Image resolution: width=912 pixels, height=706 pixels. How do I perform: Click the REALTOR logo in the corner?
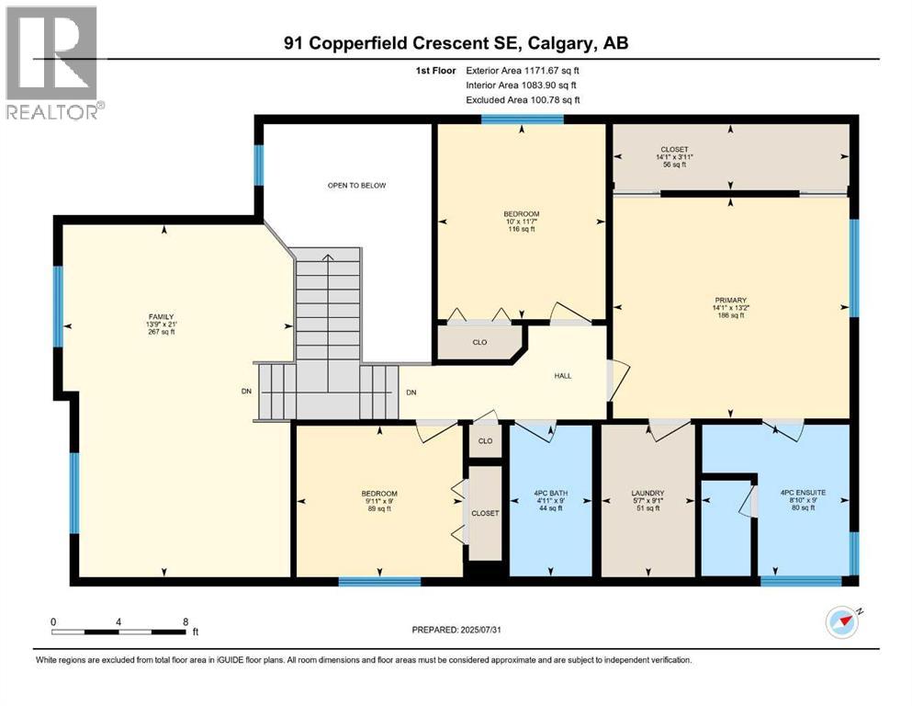[53, 63]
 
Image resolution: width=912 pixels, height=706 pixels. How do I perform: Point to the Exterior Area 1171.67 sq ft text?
[523, 70]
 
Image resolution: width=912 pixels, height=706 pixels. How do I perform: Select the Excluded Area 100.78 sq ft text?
[523, 99]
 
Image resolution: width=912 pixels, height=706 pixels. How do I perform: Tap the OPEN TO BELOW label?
[357, 186]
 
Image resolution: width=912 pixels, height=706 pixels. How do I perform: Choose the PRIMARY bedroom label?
[731, 300]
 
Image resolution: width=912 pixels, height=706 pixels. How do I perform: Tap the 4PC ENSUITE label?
[803, 493]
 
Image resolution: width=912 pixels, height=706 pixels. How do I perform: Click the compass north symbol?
[842, 622]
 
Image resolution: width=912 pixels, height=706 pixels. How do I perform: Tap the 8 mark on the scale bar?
[186, 621]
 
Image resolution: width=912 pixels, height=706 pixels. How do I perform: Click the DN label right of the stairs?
[411, 393]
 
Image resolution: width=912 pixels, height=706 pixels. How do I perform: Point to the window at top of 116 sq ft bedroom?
[522, 119]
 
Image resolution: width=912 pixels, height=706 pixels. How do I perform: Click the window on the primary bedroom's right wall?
[853, 268]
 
